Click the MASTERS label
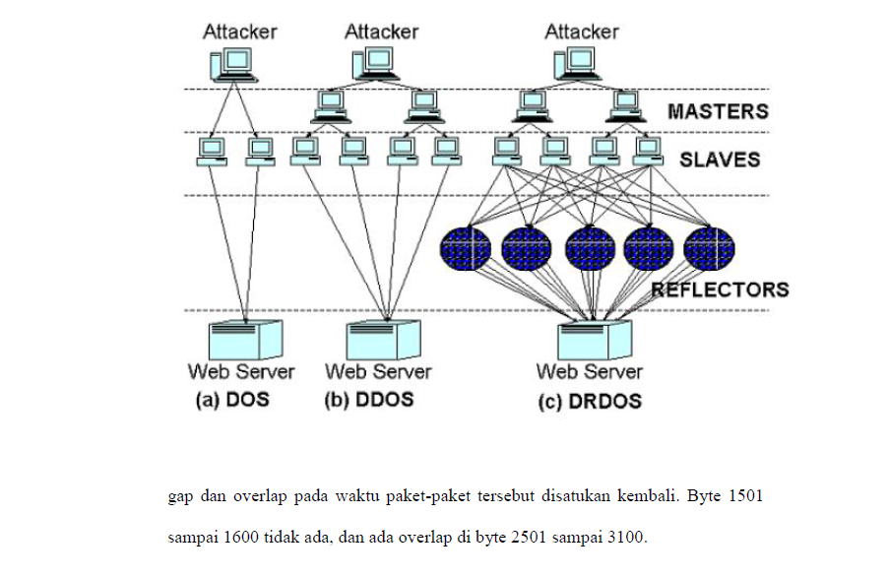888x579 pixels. [x=717, y=110]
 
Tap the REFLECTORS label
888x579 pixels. [x=720, y=289]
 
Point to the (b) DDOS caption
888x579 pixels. [x=369, y=401]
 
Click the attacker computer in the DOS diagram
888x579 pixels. [x=234, y=65]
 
